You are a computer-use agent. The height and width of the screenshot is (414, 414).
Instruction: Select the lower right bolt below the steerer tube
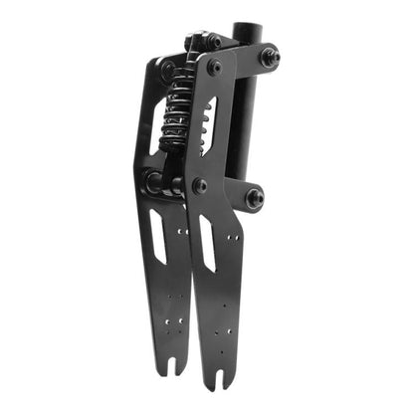[x=255, y=197]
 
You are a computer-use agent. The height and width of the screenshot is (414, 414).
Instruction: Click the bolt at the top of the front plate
[x=215, y=68]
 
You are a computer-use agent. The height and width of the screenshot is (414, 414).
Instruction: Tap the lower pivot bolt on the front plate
[x=200, y=185]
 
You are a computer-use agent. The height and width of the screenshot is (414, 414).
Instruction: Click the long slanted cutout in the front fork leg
[x=208, y=242]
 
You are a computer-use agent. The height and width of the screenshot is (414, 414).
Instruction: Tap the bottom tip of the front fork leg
[x=221, y=387]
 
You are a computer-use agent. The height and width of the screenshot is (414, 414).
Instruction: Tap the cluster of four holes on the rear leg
[x=175, y=304]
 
